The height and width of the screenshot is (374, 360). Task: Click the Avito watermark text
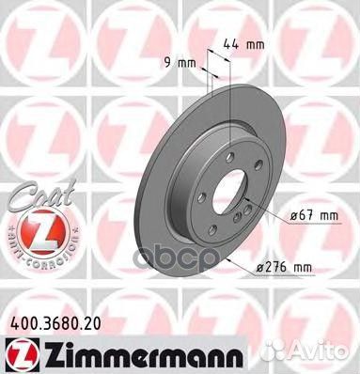tap(331, 355)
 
